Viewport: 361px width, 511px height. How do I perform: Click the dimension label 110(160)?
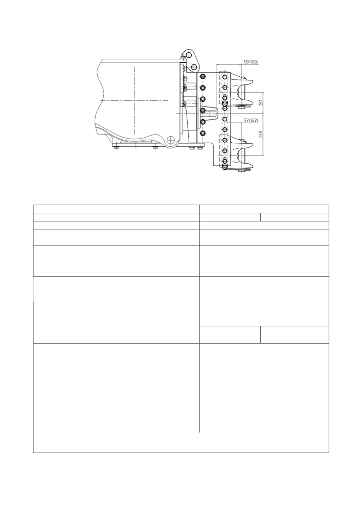click(251, 61)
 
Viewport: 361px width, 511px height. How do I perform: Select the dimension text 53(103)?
click(251, 120)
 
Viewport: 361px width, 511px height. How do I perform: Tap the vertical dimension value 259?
click(261, 135)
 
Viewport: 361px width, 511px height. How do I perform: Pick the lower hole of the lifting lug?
click(194, 67)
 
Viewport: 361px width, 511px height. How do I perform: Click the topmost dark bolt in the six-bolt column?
click(203, 76)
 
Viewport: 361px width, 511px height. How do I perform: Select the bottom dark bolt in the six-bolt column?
click(203, 134)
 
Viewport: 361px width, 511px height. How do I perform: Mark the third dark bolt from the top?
click(203, 99)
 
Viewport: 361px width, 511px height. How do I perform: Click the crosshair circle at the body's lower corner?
click(171, 140)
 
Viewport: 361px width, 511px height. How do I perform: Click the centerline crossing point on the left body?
click(134, 101)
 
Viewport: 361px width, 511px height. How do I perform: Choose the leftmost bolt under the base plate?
click(116, 149)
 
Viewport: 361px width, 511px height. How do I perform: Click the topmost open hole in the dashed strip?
click(224, 77)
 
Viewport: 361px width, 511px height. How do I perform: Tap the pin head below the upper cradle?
click(242, 106)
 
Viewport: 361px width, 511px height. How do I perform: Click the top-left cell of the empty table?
click(116, 209)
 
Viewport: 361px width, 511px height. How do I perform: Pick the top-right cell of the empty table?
click(264, 209)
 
